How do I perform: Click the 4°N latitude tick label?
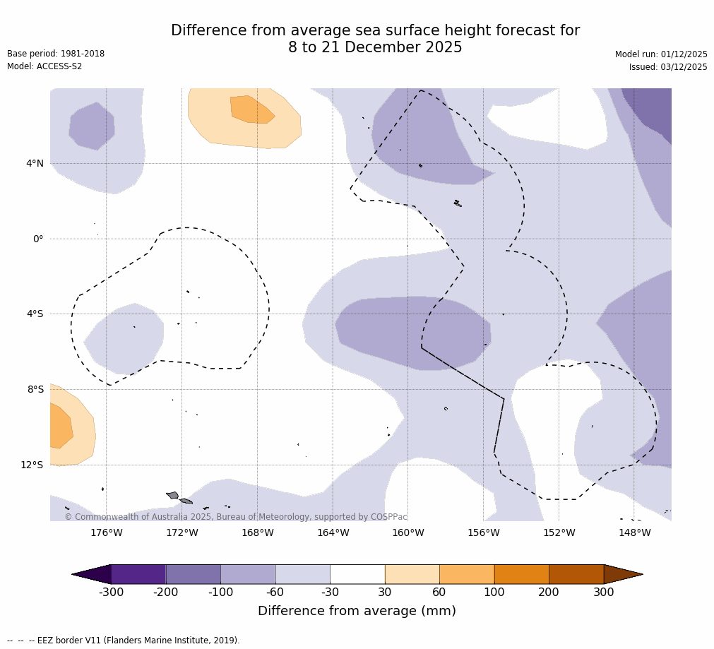tap(35, 164)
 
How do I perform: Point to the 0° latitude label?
tap(38, 239)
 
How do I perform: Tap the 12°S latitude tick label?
tap(32, 465)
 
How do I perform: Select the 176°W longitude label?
tap(107, 532)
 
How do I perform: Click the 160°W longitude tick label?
tap(408, 532)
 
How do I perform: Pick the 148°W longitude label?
tap(634, 532)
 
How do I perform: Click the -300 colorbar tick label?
tap(111, 593)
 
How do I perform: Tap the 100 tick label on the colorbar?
tap(494, 593)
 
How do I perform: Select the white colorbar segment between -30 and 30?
tap(357, 574)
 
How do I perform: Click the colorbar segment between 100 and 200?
tap(521, 574)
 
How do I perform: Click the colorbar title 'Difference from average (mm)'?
tap(357, 611)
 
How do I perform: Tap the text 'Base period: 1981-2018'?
tap(56, 54)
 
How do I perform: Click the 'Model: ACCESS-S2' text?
tap(44, 66)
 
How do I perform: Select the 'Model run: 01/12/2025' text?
tap(661, 54)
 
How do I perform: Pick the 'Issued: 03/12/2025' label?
tap(668, 67)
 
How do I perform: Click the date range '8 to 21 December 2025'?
tap(375, 48)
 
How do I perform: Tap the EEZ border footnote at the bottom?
tap(123, 641)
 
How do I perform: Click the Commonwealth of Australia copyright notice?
tap(236, 517)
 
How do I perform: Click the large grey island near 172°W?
tap(172, 495)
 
